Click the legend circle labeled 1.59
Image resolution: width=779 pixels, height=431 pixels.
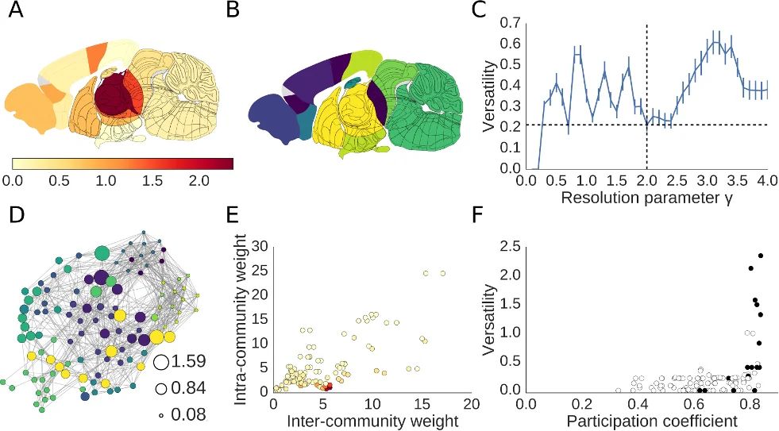[x=161, y=362]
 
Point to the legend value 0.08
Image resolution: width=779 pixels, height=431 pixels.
[x=188, y=413]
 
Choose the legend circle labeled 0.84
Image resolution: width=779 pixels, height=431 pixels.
[x=161, y=389]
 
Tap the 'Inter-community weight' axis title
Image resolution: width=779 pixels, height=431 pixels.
[x=365, y=421]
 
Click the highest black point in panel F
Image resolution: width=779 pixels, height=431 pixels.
[x=760, y=256]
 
